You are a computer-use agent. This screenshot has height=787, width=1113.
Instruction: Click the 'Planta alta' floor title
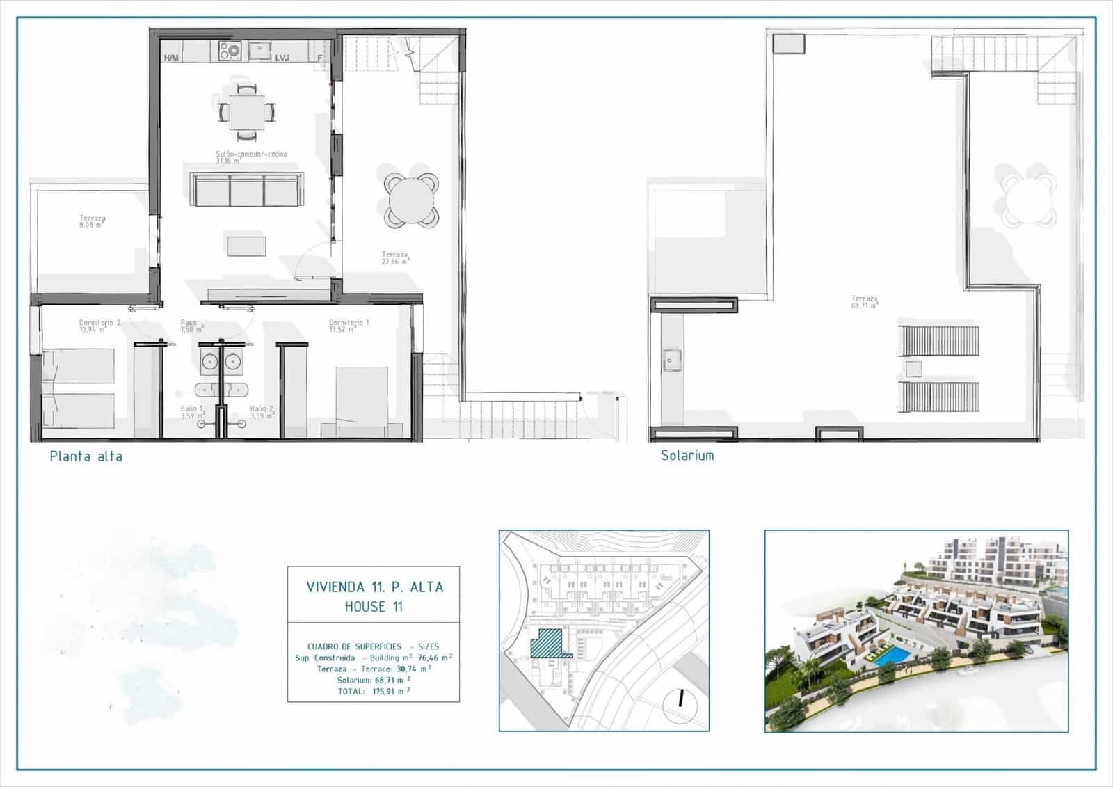(x=86, y=456)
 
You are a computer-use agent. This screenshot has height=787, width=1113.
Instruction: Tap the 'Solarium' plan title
(x=687, y=456)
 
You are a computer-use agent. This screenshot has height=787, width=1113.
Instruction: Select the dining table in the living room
(x=247, y=111)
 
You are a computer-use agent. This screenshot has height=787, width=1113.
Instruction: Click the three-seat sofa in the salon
(x=246, y=190)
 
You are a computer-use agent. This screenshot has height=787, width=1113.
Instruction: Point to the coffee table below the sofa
(x=246, y=246)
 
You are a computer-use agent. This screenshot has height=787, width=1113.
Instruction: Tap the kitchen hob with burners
(x=230, y=50)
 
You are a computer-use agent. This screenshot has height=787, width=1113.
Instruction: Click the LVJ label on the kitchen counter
(x=282, y=58)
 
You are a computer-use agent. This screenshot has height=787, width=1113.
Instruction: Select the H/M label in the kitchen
(x=171, y=58)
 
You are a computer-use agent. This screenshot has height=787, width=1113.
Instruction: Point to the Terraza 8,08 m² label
(x=92, y=221)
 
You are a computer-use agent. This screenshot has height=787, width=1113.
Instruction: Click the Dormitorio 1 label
(x=349, y=326)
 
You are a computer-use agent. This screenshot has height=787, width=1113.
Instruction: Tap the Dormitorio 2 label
(x=99, y=326)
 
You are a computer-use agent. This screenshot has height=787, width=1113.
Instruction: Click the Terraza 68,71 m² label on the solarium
(x=864, y=301)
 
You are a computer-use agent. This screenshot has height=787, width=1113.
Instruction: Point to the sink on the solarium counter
(x=672, y=360)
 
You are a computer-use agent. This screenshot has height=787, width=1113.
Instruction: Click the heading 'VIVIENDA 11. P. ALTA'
(x=374, y=587)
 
